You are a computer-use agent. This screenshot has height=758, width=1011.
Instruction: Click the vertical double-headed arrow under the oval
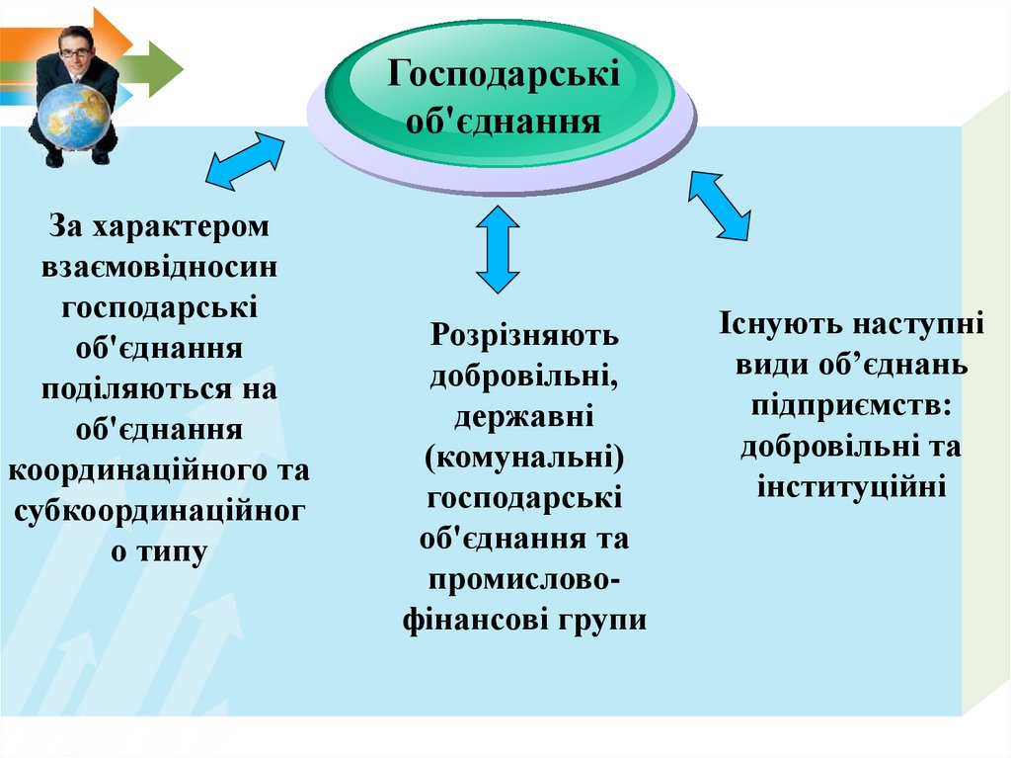pyautogui.click(x=497, y=249)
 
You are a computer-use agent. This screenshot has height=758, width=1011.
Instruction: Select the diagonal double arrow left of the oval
pyautogui.click(x=244, y=161)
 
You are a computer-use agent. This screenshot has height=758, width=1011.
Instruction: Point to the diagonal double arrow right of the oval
pyautogui.click(x=719, y=206)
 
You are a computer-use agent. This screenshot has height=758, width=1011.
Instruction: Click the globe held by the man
pyautogui.click(x=74, y=116)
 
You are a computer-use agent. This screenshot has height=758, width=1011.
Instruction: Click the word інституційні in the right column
pyautogui.click(x=851, y=486)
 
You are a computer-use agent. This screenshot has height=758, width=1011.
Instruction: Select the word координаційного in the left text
pyautogui.click(x=134, y=469)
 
